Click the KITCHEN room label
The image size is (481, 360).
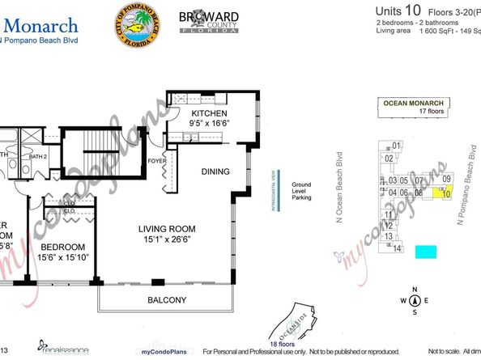209,114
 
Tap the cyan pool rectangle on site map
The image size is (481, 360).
425,252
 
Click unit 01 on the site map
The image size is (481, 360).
396,146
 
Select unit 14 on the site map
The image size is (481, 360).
397,248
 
